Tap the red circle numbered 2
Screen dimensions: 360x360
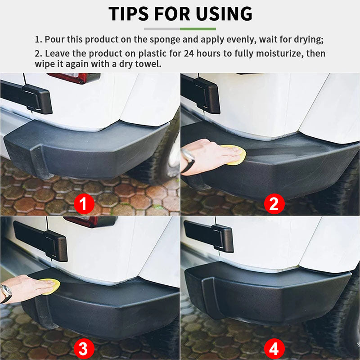(x=274, y=204)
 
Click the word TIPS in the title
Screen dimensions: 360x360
(x=130, y=13)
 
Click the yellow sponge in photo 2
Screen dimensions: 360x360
(x=235, y=154)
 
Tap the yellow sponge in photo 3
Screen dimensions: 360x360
(x=50, y=287)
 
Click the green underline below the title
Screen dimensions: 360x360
(x=198, y=29)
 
